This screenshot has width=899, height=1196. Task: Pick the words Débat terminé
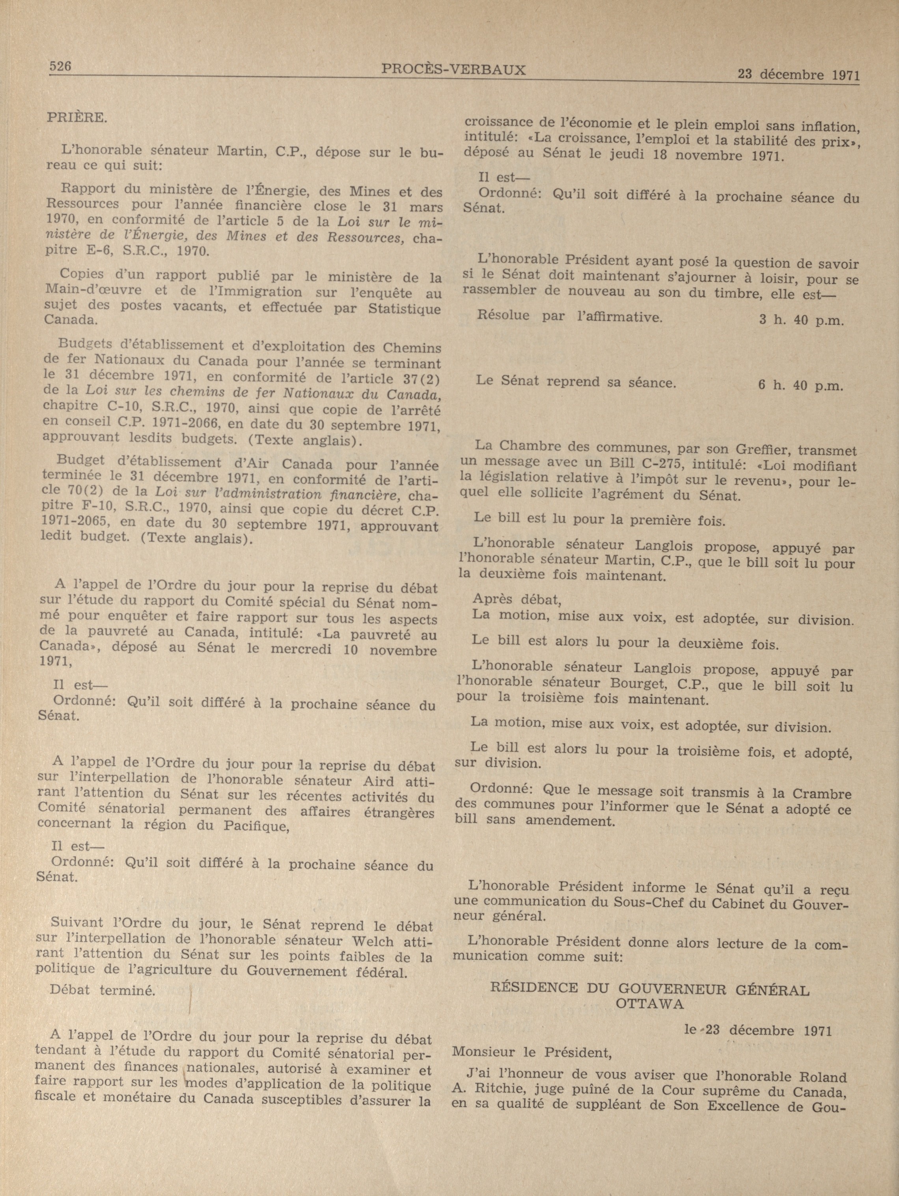103,990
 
